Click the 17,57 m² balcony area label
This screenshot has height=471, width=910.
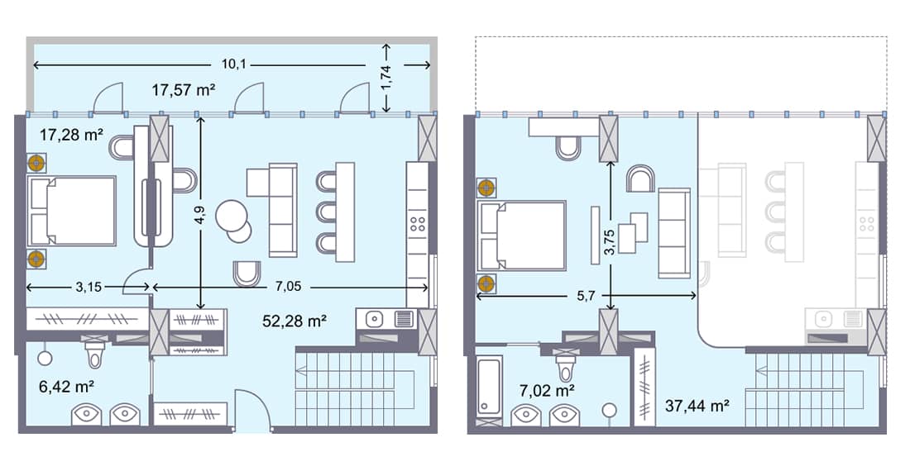point(183,90)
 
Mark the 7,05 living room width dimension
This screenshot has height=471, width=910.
point(289,288)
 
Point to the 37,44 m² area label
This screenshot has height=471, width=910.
point(697,405)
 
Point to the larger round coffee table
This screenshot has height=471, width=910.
point(230,216)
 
